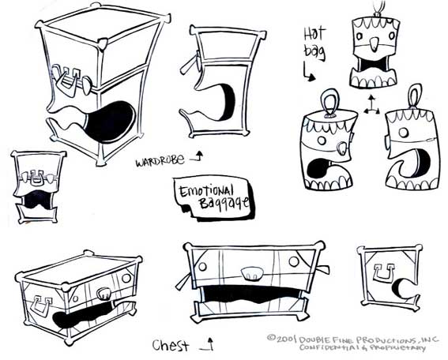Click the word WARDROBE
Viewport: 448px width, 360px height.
160,161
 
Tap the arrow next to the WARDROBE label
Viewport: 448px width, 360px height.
198,156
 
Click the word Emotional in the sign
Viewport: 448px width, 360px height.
206,191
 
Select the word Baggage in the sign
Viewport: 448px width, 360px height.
224,203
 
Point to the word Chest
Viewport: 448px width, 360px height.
171,345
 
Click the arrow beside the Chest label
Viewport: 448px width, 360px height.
208,344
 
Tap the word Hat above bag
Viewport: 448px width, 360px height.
314,34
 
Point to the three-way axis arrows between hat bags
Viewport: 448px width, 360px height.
371,106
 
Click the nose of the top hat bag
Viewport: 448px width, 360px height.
374,43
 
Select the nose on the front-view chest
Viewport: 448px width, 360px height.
251,273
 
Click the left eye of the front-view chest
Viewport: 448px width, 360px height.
202,266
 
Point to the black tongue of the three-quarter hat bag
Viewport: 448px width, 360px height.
318,168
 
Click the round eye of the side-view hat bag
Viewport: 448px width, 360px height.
404,132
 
